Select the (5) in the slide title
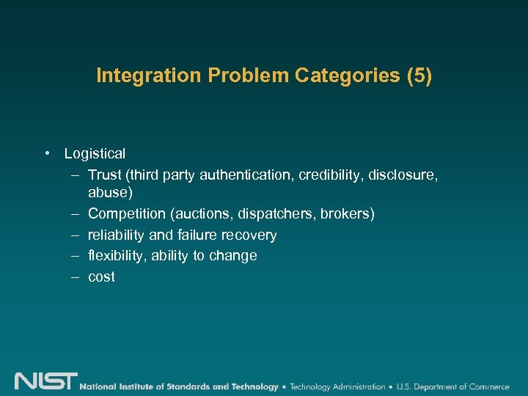coord(418,76)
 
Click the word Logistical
coord(95,154)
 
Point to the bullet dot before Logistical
coord(46,153)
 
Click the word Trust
coord(104,175)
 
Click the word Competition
coord(127,214)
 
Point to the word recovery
coord(250,235)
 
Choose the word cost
coord(101,277)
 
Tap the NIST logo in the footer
coord(45,382)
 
